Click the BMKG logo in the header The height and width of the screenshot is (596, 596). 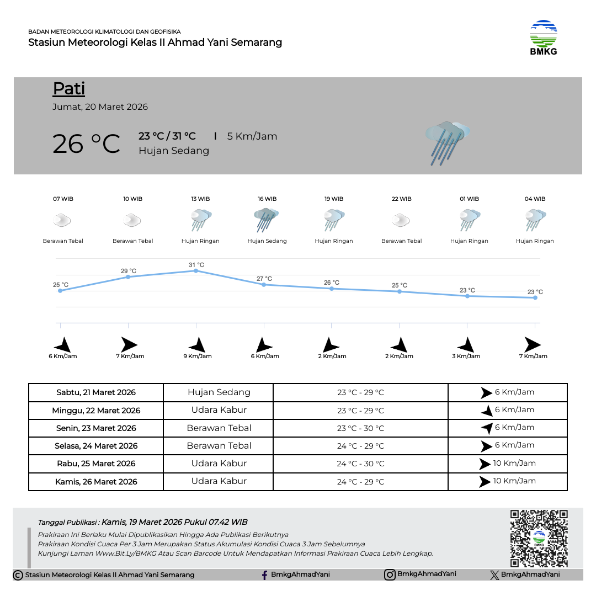point(544,38)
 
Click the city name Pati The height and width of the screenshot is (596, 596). point(69,88)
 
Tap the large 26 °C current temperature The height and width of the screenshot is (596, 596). point(86,144)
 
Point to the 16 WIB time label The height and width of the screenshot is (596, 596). point(267,199)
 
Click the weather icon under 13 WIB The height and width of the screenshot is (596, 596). point(200,220)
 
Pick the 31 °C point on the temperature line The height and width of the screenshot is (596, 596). point(196,270)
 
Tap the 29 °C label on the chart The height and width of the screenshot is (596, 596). point(129,271)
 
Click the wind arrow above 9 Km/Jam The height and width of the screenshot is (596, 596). point(197,345)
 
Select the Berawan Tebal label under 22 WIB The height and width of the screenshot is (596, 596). point(402,241)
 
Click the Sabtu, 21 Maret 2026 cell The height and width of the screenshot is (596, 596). point(96,393)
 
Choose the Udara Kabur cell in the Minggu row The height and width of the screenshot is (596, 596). point(219,410)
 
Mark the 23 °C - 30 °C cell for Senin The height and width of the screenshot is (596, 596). point(360,428)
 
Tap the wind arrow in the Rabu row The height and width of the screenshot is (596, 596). point(485,464)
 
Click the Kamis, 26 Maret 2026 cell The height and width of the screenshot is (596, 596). point(96,482)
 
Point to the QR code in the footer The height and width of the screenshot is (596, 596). point(539,538)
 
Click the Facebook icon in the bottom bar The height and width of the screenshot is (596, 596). point(265,575)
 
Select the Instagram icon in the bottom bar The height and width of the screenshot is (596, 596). point(390,574)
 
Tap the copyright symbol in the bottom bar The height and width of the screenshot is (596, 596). point(18,575)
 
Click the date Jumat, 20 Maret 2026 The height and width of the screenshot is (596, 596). point(100,107)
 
